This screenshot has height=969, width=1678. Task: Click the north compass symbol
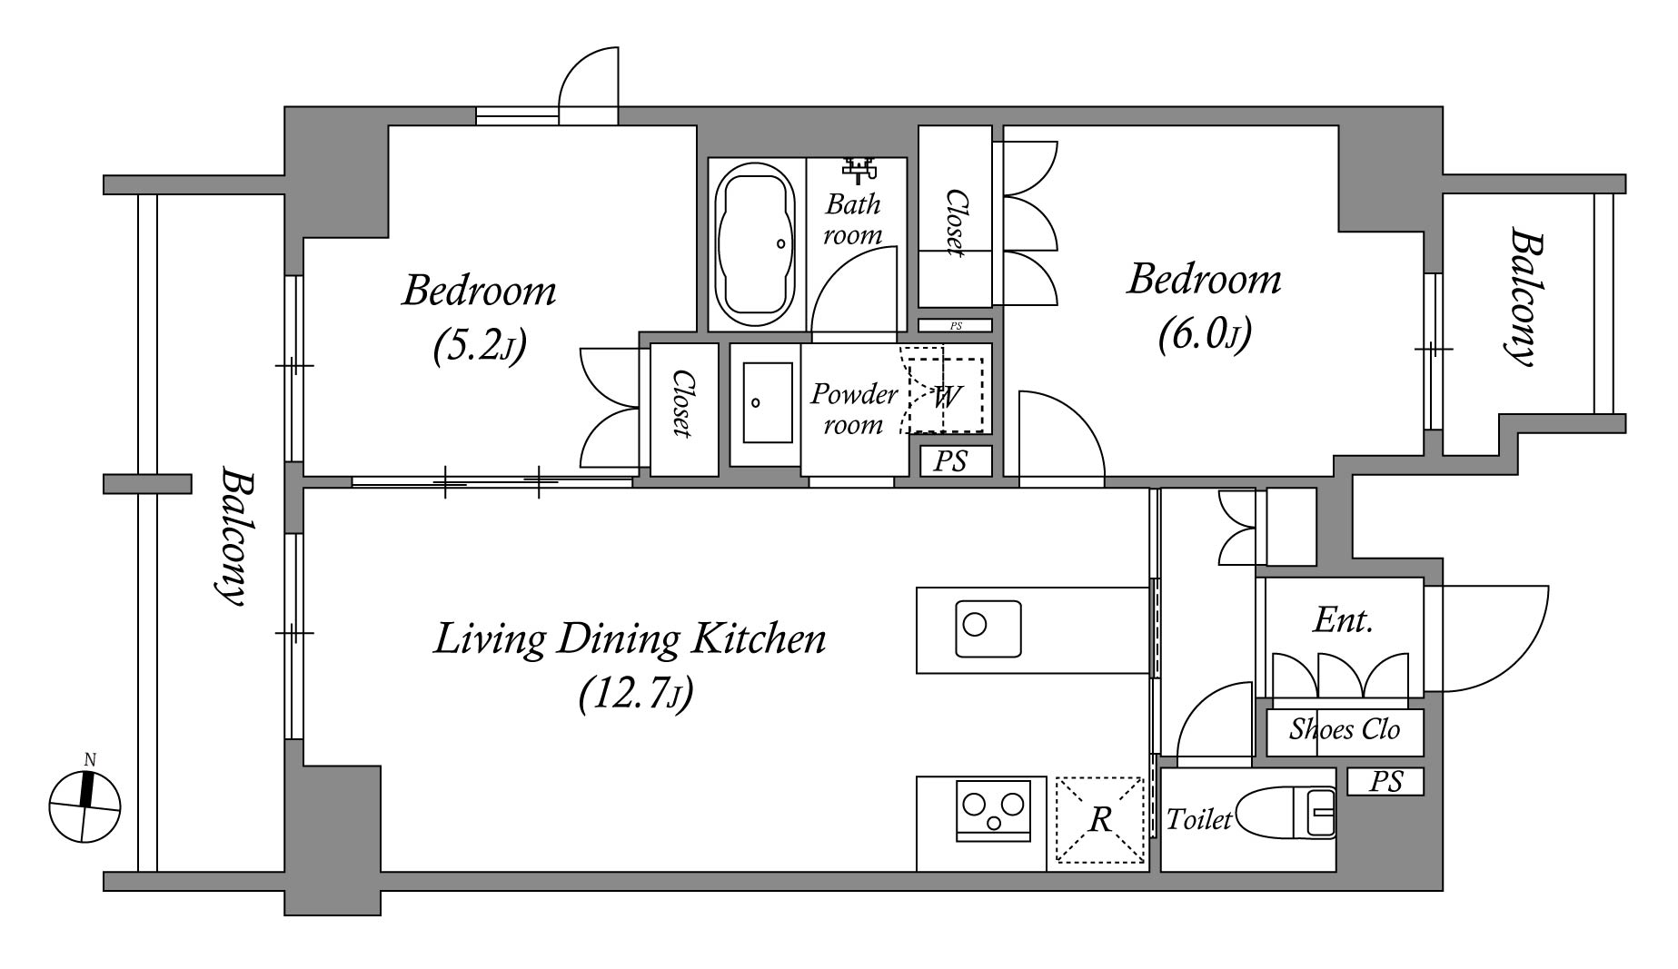pyautogui.click(x=84, y=805)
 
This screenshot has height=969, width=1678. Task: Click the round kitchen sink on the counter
pyautogui.click(x=988, y=628)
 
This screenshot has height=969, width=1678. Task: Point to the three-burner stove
pyautogui.click(x=993, y=810)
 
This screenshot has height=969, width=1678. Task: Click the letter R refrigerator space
pyautogui.click(x=1099, y=820)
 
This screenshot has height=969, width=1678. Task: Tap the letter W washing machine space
pyautogui.click(x=945, y=395)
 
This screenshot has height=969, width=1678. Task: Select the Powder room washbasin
pyautogui.click(x=767, y=402)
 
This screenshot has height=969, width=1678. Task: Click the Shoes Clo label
pyautogui.click(x=1345, y=729)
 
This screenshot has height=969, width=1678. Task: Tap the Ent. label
pyautogui.click(x=1343, y=621)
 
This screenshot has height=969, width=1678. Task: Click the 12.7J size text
pyautogui.click(x=636, y=695)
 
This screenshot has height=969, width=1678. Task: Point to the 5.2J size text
pyautogui.click(x=479, y=346)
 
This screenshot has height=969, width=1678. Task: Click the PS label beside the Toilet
pyautogui.click(x=1385, y=781)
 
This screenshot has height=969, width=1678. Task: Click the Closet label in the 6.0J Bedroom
pyautogui.click(x=955, y=222)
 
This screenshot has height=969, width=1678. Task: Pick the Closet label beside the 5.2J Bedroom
pyautogui.click(x=680, y=404)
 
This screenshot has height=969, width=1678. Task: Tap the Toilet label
pyautogui.click(x=1199, y=820)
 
